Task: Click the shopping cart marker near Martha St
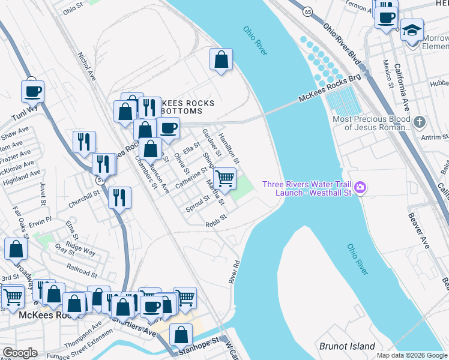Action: [224, 178]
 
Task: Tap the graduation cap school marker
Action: [412, 29]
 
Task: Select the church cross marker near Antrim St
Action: [419, 122]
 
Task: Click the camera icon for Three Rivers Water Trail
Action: [360, 188]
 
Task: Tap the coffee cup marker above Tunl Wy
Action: [32, 91]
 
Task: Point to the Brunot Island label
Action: [347, 346]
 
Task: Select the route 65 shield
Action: [308, 11]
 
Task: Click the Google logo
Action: [20, 353]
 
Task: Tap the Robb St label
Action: [215, 220]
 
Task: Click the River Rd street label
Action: [234, 272]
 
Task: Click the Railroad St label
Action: [83, 272]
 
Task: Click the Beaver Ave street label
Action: [418, 231]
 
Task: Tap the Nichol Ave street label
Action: [86, 66]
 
